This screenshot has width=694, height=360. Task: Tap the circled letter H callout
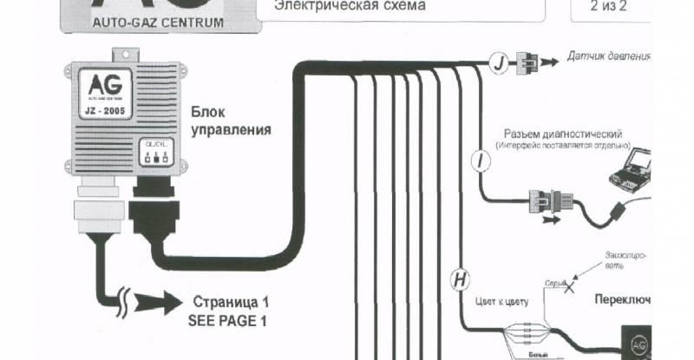point(459,279)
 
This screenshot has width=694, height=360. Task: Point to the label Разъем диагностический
point(563,135)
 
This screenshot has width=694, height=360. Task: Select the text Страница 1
point(230,303)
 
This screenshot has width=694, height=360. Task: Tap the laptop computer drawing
point(631,169)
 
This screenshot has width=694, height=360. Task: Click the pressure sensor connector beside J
point(527,62)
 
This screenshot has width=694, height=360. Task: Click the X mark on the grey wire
point(569,289)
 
